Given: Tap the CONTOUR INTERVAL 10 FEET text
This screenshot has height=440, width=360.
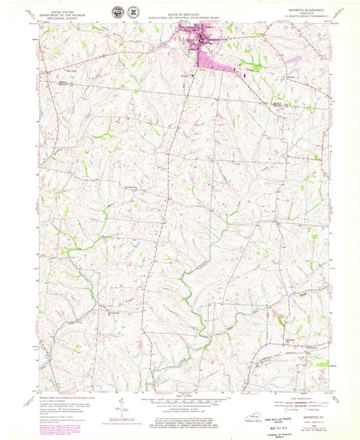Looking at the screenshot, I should pyautogui.click(x=180, y=408).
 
